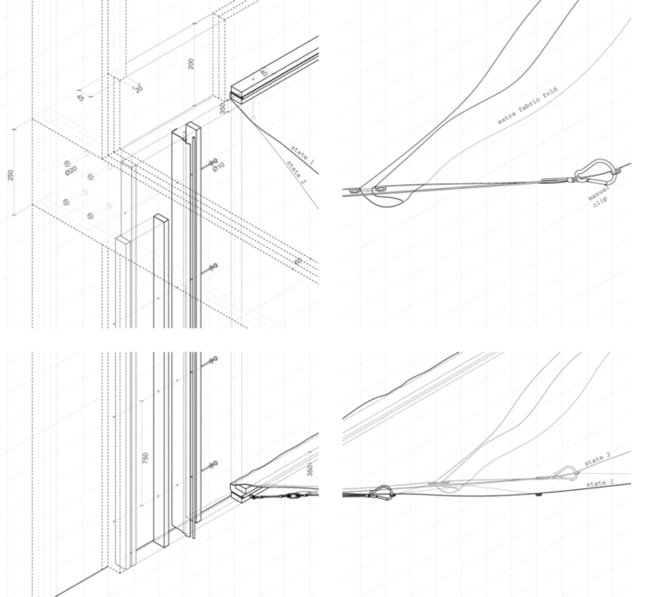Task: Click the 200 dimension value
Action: click(191, 65)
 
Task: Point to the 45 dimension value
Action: click(80, 95)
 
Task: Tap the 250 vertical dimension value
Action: click(10, 175)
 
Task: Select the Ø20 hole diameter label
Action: click(70, 168)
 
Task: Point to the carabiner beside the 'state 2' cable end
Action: click(564, 473)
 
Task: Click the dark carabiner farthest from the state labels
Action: click(383, 490)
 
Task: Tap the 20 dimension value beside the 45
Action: click(138, 87)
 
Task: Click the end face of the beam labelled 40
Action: click(236, 92)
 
